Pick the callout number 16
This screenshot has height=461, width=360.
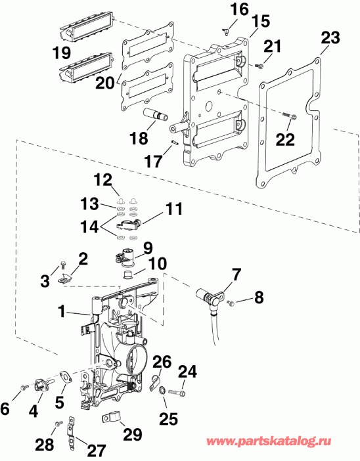coord(221,9)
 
